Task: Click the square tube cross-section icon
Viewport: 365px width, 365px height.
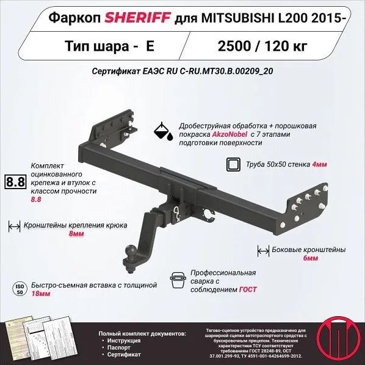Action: click(x=233, y=164)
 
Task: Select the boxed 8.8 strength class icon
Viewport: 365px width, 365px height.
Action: click(x=14, y=182)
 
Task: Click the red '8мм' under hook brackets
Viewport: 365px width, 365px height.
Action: click(x=76, y=234)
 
